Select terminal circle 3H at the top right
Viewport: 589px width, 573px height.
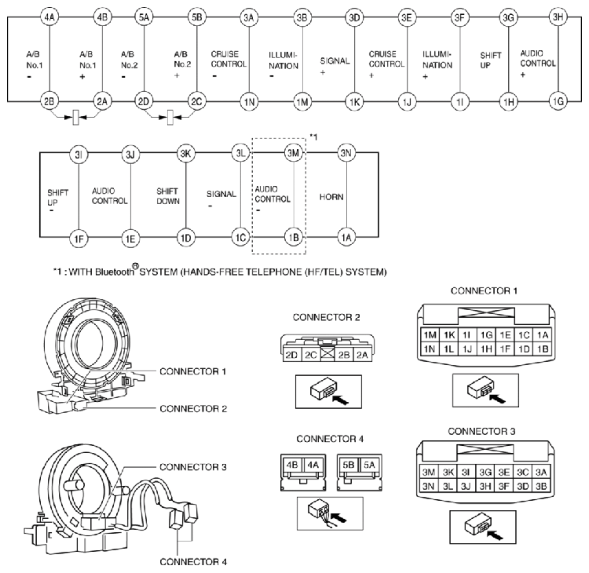click(x=558, y=16)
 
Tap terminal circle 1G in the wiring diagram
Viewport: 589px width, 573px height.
click(x=558, y=102)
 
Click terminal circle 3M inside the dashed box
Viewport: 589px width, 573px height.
click(x=293, y=152)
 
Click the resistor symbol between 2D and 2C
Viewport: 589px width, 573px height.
click(x=169, y=119)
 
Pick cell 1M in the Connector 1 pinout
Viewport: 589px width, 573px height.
click(x=430, y=335)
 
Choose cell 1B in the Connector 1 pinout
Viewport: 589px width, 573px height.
click(x=542, y=349)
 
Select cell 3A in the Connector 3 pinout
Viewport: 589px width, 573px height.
click(x=542, y=472)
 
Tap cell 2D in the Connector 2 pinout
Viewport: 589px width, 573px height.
click(x=290, y=356)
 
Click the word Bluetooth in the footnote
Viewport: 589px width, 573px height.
click(x=99, y=272)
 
